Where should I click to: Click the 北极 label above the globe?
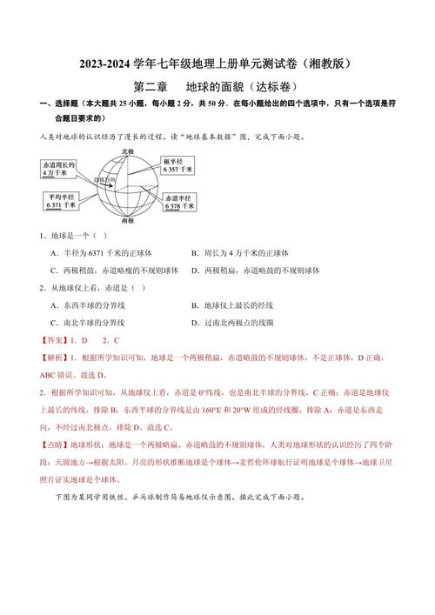pos(128,151)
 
